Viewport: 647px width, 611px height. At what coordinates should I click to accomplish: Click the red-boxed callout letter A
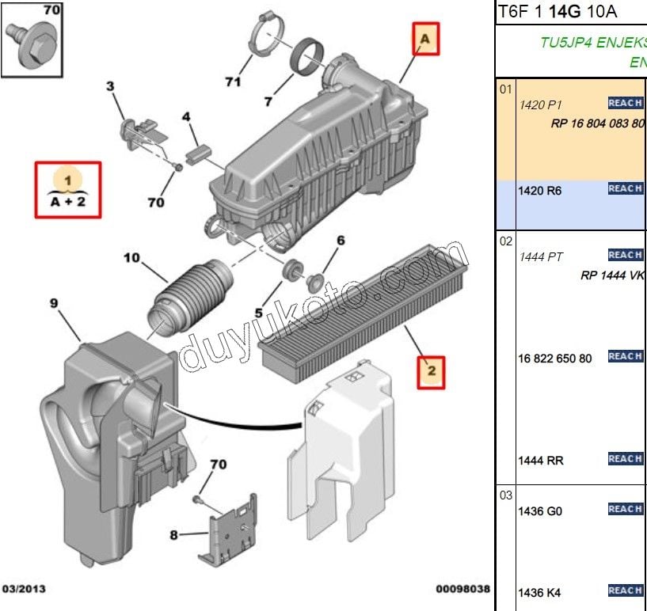coord(424,39)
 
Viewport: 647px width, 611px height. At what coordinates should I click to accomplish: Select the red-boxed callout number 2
coord(432,370)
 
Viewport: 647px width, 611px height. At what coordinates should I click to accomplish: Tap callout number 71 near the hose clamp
coord(232,82)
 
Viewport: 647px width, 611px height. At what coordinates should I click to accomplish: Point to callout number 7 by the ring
coord(268,101)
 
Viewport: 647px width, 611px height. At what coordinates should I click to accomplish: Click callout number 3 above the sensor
coord(110,86)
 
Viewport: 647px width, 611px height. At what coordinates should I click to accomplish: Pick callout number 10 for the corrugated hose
coord(131,257)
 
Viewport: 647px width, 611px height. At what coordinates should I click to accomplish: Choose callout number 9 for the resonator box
coord(55,303)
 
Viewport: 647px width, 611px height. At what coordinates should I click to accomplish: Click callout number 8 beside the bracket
coord(173,534)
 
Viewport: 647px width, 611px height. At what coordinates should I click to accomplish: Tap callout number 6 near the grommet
coord(341,241)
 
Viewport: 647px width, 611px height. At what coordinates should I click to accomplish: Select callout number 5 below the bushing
coord(258,313)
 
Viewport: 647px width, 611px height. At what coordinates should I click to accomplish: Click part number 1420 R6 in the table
coord(540,192)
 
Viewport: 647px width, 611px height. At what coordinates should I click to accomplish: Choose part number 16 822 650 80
coord(555,359)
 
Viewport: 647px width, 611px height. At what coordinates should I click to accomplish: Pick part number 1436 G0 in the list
coord(540,511)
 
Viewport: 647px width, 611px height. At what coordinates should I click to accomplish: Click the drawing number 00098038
coord(462,590)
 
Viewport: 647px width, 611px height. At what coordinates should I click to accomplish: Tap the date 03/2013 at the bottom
coord(25,590)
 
